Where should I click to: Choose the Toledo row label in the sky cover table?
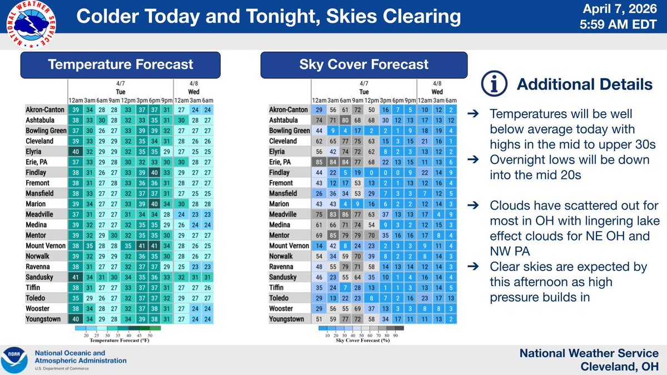283,298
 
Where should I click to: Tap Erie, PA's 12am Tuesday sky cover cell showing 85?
318,162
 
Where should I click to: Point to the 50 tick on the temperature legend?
151,336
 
